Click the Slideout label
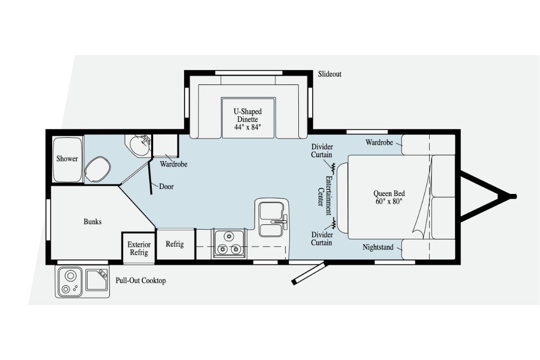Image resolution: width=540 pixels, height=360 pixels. coord(330,74)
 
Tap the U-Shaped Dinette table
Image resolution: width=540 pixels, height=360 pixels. coord(248,118)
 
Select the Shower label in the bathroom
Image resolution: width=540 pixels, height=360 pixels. coord(67,159)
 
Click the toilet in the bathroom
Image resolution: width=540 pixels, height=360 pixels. coord(97,169)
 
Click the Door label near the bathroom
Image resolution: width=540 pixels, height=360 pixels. coord(167,187)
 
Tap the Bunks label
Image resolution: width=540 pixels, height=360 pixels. coord(92,221)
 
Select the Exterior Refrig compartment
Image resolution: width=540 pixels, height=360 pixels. coord(139,249)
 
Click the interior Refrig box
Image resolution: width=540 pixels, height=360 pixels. coord(176,244)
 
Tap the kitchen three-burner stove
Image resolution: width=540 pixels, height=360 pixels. coord(229,243)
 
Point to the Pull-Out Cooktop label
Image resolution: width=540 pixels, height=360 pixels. coord(141,280)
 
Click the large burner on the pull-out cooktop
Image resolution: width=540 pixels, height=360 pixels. coord(70,275)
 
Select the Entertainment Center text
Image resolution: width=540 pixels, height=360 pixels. coord(325,195)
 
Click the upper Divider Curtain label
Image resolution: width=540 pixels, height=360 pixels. coord(322,151)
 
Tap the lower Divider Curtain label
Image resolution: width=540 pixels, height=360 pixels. coord(322,238)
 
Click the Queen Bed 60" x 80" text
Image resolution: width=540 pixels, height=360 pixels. coord(389,197)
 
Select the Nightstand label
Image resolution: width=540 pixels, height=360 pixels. coord(378,247)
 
